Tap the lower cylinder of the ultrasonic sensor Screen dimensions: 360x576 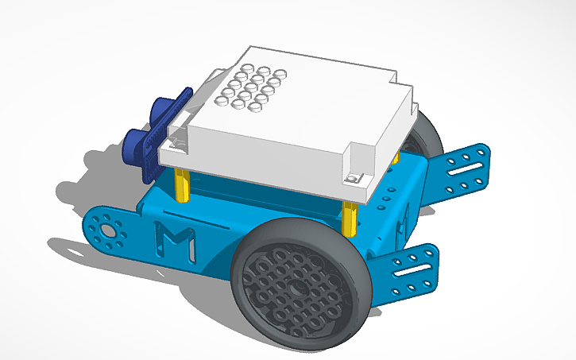(x=137, y=144)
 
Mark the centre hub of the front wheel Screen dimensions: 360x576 (x=294, y=288)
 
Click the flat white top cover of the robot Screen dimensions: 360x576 (x=310, y=119)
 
